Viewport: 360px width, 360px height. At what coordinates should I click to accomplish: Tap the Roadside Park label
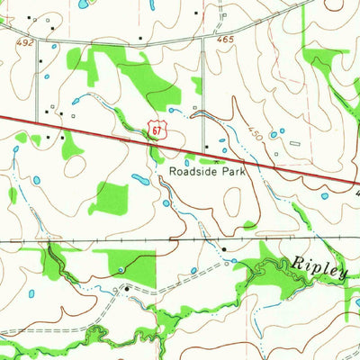click(206, 168)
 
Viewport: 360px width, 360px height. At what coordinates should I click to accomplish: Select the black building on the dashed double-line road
click(127, 288)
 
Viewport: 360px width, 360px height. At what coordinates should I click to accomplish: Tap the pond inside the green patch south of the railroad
click(121, 268)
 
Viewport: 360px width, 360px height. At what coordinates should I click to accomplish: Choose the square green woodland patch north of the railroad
click(112, 198)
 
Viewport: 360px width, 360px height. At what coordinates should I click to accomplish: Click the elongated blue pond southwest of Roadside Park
click(141, 178)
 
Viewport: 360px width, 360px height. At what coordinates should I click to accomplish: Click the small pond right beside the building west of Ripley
click(233, 261)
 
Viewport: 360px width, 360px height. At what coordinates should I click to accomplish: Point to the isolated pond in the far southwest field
click(30, 293)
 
